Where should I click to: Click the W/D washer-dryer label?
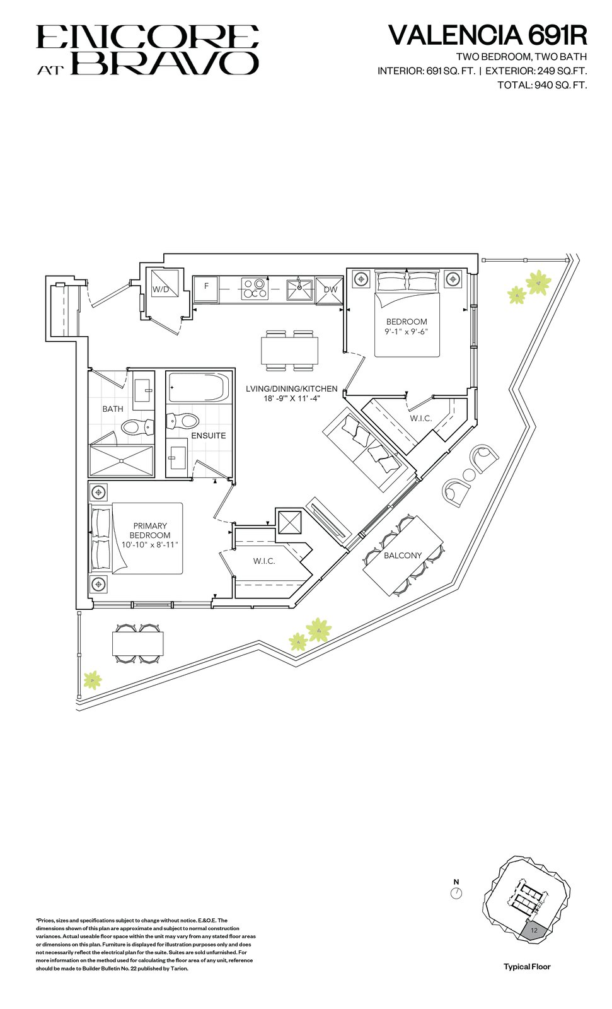pyautogui.click(x=160, y=289)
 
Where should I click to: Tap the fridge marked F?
pyautogui.click(x=206, y=289)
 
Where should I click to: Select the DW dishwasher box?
pyautogui.click(x=330, y=289)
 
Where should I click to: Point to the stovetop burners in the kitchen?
pyautogui.click(x=255, y=289)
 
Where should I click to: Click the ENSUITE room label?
pyautogui.click(x=209, y=436)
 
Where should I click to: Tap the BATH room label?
pyautogui.click(x=113, y=409)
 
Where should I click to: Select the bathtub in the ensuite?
pyautogui.click(x=198, y=387)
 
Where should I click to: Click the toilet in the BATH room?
pyautogui.click(x=138, y=427)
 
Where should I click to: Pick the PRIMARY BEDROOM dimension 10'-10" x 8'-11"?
pyautogui.click(x=150, y=545)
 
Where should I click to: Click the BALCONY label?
pyautogui.click(x=403, y=556)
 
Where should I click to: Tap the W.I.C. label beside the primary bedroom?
pyautogui.click(x=264, y=561)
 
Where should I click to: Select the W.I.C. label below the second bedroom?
pyautogui.click(x=420, y=419)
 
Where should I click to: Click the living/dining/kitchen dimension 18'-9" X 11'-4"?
pyautogui.click(x=291, y=398)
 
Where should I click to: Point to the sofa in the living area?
pyautogui.click(x=368, y=449)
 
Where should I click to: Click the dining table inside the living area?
pyautogui.click(x=289, y=351)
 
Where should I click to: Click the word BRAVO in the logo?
pyautogui.click(x=165, y=63)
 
